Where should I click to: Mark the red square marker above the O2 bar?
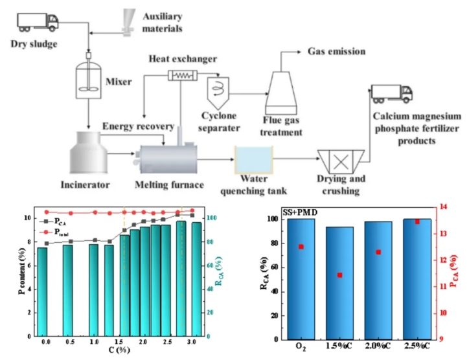301,247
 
